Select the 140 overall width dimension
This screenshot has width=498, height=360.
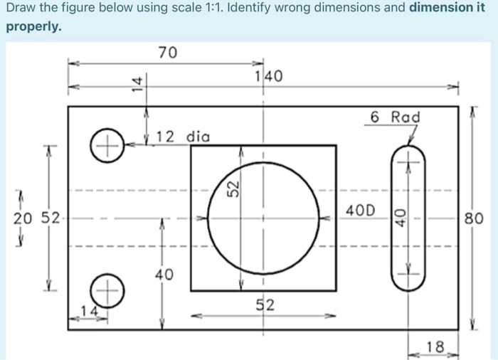coord(269,76)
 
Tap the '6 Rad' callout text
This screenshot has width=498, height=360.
coord(396,117)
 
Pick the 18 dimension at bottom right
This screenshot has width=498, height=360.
coord(434,347)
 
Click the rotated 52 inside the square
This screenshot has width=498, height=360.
coord(232,190)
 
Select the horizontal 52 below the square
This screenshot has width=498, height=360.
coord(265,306)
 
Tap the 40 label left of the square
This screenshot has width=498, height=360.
coord(164,275)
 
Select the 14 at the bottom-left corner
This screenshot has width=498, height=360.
coord(90,312)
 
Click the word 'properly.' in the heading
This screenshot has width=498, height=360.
coord(33,27)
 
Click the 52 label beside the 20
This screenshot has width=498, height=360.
coord(48,218)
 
